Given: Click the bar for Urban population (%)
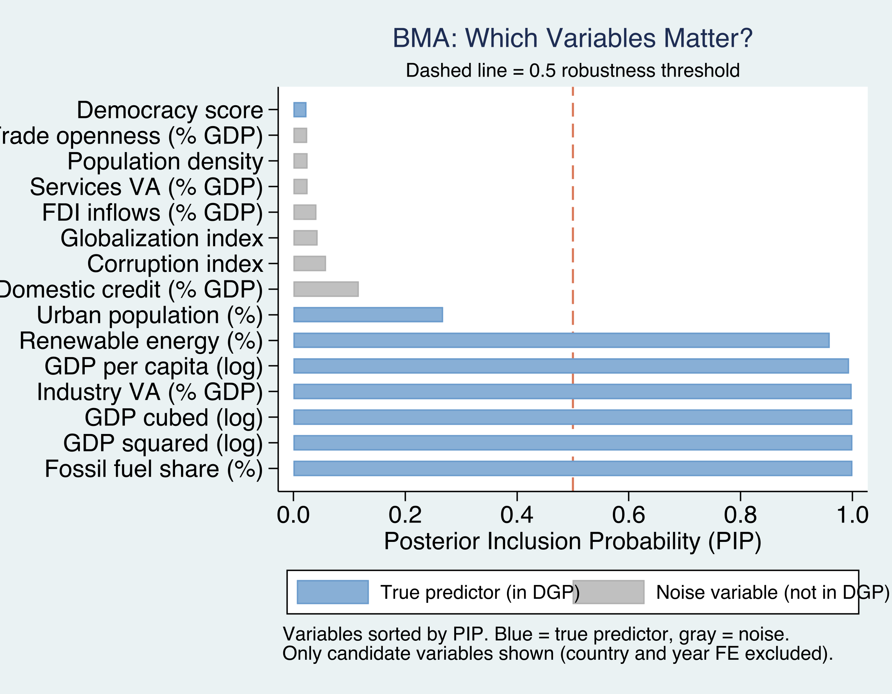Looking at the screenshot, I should pyautogui.click(x=368, y=315).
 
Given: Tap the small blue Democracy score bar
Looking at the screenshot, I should pyautogui.click(x=300, y=110).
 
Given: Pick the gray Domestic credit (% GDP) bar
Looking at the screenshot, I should pyautogui.click(x=326, y=289).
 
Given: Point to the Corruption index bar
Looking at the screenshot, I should pyautogui.click(x=309, y=264).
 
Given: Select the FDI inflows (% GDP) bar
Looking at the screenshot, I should pyautogui.click(x=304, y=212).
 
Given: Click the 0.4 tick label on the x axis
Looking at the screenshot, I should pyautogui.click(x=517, y=515).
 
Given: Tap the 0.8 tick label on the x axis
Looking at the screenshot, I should pyautogui.click(x=740, y=515).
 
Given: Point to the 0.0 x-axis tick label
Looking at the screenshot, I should pyautogui.click(x=293, y=515).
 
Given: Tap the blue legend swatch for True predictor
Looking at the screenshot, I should pyautogui.click(x=333, y=592).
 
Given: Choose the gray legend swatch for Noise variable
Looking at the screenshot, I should pyautogui.click(x=608, y=592).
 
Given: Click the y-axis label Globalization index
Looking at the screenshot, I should pyautogui.click(x=162, y=238).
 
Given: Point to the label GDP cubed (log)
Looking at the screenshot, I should pyautogui.click(x=174, y=418).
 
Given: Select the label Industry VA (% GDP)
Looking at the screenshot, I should pyautogui.click(x=149, y=392).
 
